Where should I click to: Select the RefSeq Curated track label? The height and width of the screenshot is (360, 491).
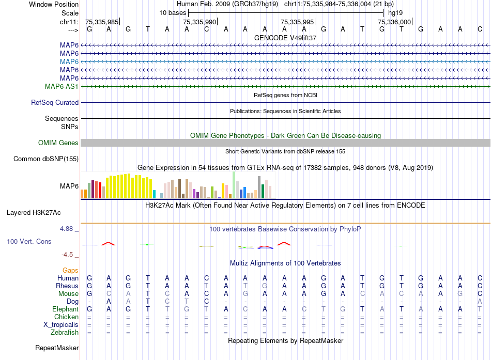click(x=54, y=103)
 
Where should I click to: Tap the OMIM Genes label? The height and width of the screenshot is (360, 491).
click(x=58, y=143)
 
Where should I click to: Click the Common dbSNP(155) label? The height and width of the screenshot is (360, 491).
click(x=45, y=159)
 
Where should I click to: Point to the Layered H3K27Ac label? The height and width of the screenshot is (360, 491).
click(x=34, y=212)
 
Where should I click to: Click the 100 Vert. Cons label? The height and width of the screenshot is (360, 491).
click(x=29, y=241)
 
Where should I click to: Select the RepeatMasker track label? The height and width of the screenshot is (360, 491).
click(x=57, y=348)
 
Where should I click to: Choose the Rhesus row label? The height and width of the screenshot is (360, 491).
click(x=67, y=286)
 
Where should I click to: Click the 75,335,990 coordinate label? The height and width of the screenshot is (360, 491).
click(x=200, y=22)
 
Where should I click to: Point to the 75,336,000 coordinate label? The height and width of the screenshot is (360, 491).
click(x=394, y=22)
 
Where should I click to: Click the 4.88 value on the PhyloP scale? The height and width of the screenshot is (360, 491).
click(x=69, y=228)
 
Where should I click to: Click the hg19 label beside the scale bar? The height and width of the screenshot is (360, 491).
click(x=395, y=12)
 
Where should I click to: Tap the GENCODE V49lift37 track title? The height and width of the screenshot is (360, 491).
click(x=285, y=38)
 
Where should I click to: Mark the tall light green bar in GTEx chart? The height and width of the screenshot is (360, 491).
click(x=234, y=185)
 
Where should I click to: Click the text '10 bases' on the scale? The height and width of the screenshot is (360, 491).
click(x=173, y=12)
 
